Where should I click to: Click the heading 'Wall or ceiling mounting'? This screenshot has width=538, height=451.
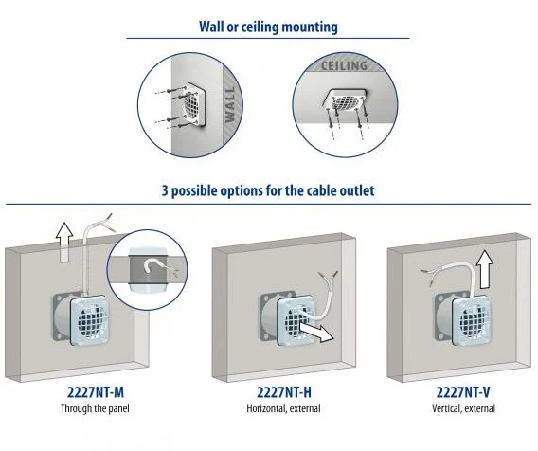[268, 27]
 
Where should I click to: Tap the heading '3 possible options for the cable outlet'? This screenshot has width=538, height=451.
[268, 190]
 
